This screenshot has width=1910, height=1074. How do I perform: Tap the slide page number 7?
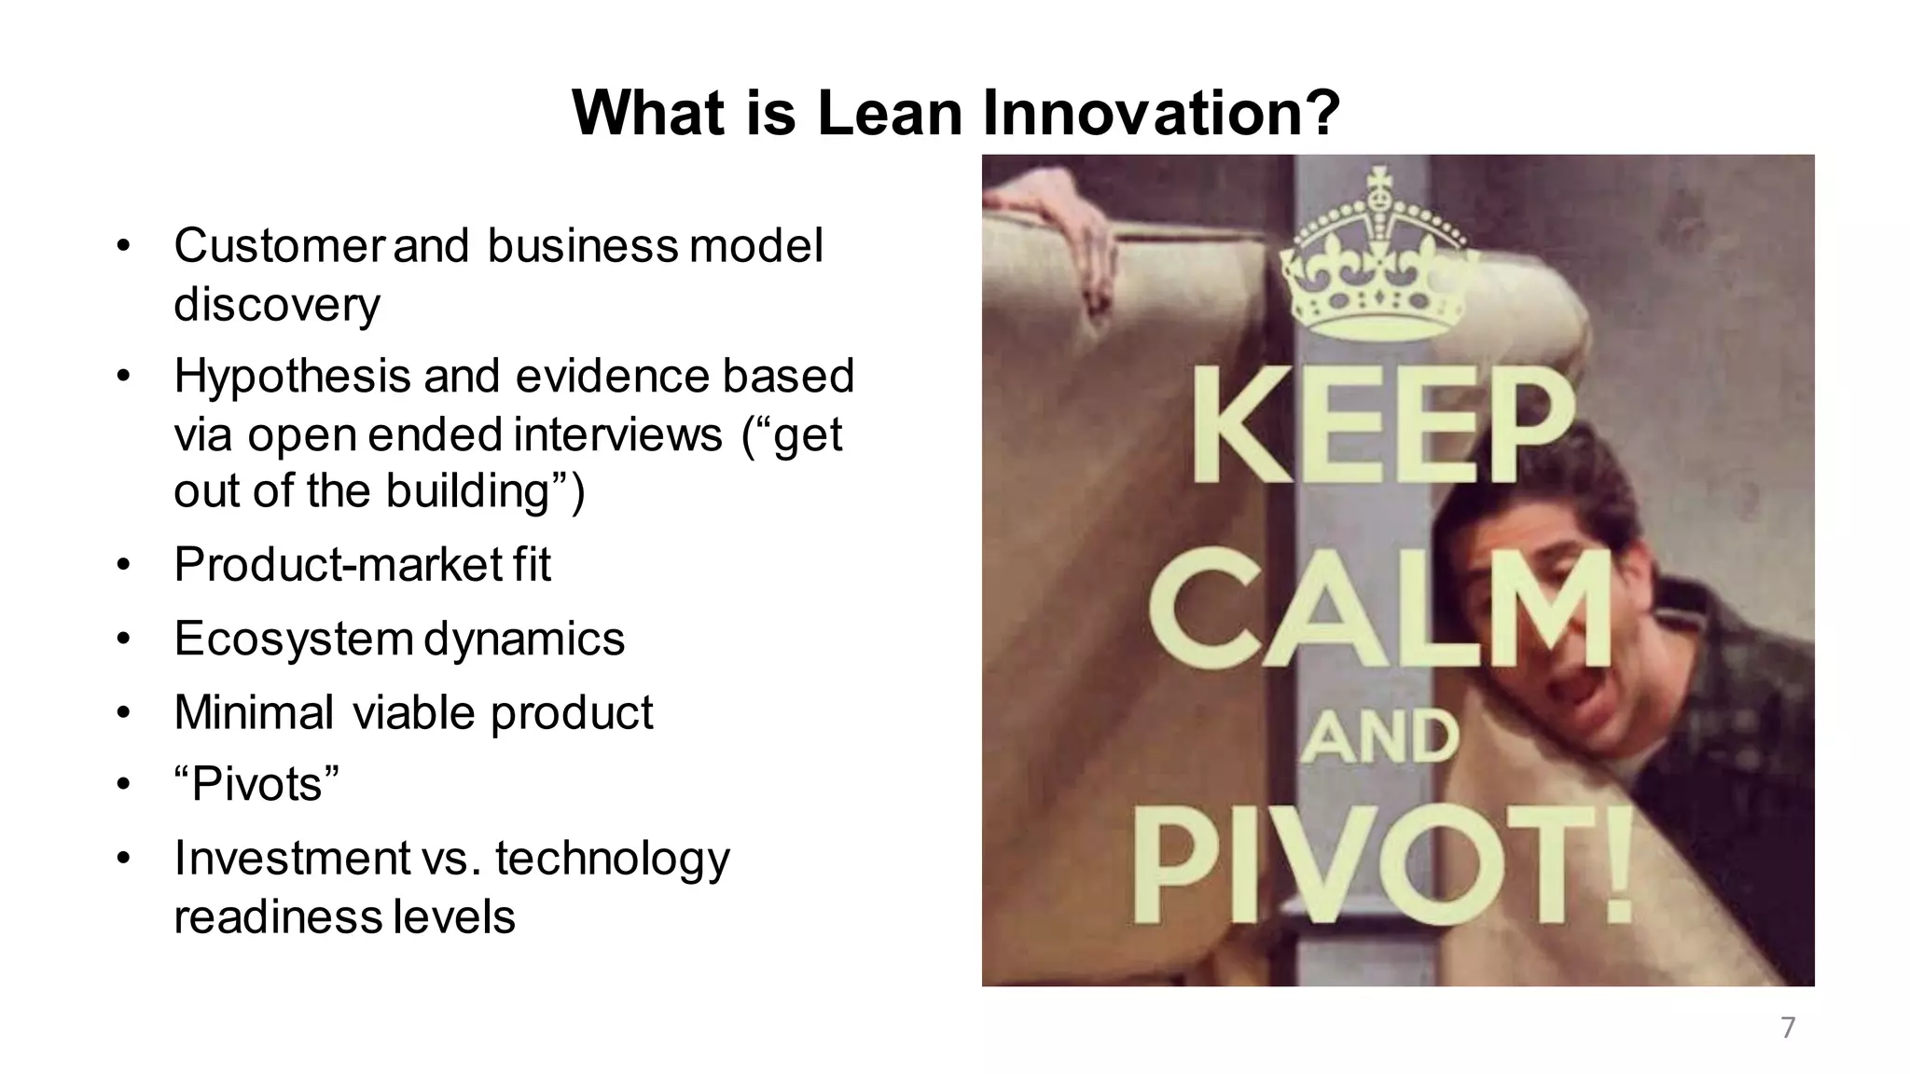pyautogui.click(x=1788, y=1027)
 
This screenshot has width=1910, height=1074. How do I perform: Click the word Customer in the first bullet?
pyautogui.click(x=278, y=246)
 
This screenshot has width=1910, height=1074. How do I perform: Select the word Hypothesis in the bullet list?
pyautogui.click(x=292, y=377)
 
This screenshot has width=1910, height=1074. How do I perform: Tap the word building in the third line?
pyautogui.click(x=469, y=491)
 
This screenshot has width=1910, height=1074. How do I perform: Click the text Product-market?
pyautogui.click(x=338, y=565)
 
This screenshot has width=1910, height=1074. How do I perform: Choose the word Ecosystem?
pyautogui.click(x=294, y=640)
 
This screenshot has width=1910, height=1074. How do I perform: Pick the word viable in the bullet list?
pyautogui.click(x=414, y=713)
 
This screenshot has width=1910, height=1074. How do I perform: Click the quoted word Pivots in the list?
pyautogui.click(x=256, y=785)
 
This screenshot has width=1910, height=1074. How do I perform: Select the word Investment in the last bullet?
pyautogui.click(x=292, y=859)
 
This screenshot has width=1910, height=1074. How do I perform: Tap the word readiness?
pyautogui.click(x=278, y=917)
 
